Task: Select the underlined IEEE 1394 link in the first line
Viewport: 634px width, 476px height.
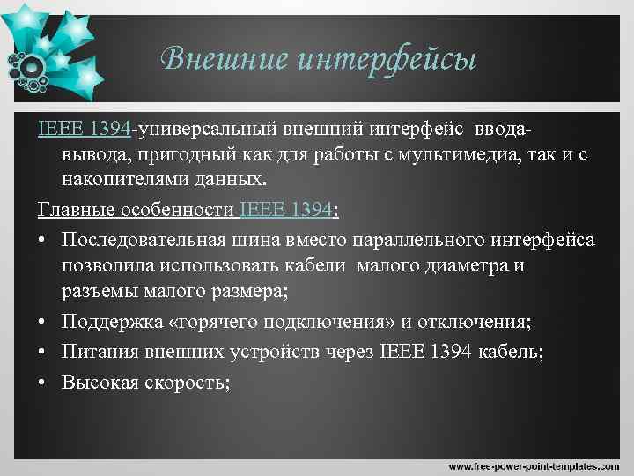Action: click(x=85, y=130)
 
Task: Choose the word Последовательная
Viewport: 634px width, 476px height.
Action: click(x=145, y=240)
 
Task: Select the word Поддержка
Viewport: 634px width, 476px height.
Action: click(x=107, y=321)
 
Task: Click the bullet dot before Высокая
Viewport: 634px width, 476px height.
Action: click(x=44, y=382)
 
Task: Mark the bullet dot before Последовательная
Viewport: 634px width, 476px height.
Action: click(x=44, y=241)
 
